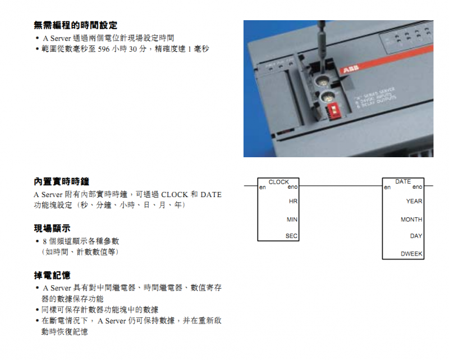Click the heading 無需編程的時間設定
coord(75,25)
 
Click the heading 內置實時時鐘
coord(62,181)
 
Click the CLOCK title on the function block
coord(278,182)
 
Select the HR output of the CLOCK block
coord(292,201)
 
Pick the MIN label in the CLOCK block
coord(292,219)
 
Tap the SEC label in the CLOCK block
coord(291,236)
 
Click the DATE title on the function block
coord(403,182)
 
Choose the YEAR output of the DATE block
coord(414,201)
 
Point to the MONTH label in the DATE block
coord(411,220)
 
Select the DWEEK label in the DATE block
coord(411,254)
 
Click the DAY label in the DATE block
coord(416,236)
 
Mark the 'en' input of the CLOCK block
coord(262,187)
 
